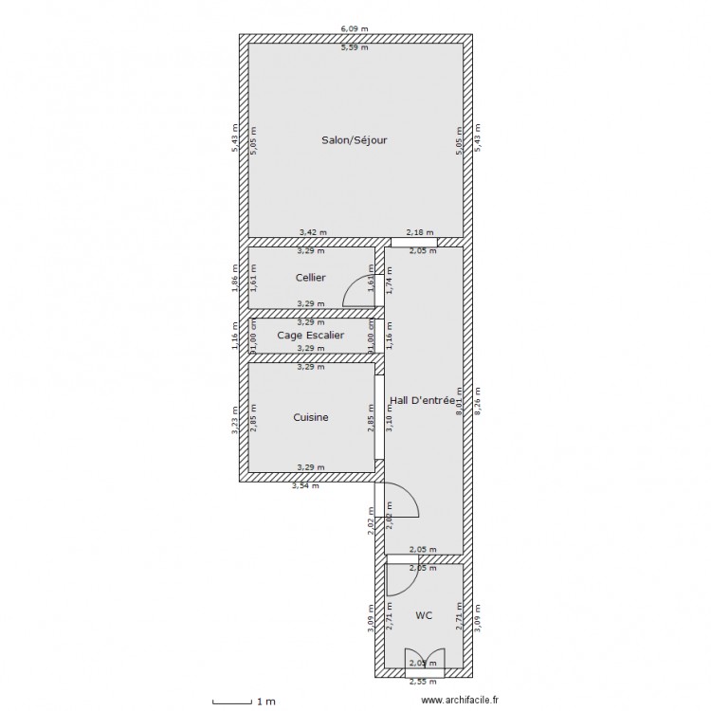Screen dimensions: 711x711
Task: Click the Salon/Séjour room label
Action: pos(355,139)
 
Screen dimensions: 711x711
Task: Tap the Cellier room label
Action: pos(310,278)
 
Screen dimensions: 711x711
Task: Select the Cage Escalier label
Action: pos(310,335)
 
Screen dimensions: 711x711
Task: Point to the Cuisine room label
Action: pos(311,417)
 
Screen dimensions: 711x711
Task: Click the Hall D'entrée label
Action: pos(422,402)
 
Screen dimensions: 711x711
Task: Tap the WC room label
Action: pos(424,615)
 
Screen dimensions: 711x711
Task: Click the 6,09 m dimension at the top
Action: pos(355,30)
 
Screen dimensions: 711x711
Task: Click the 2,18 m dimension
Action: pos(419,231)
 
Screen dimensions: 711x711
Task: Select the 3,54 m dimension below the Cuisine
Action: pos(304,486)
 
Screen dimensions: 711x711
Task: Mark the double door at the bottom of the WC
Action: pos(418,661)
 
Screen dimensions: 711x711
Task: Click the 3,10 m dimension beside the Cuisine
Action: pos(391,419)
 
